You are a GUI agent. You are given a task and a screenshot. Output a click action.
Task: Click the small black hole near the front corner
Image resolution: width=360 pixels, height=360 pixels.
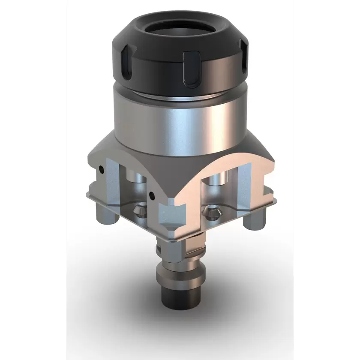point(151,195)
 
